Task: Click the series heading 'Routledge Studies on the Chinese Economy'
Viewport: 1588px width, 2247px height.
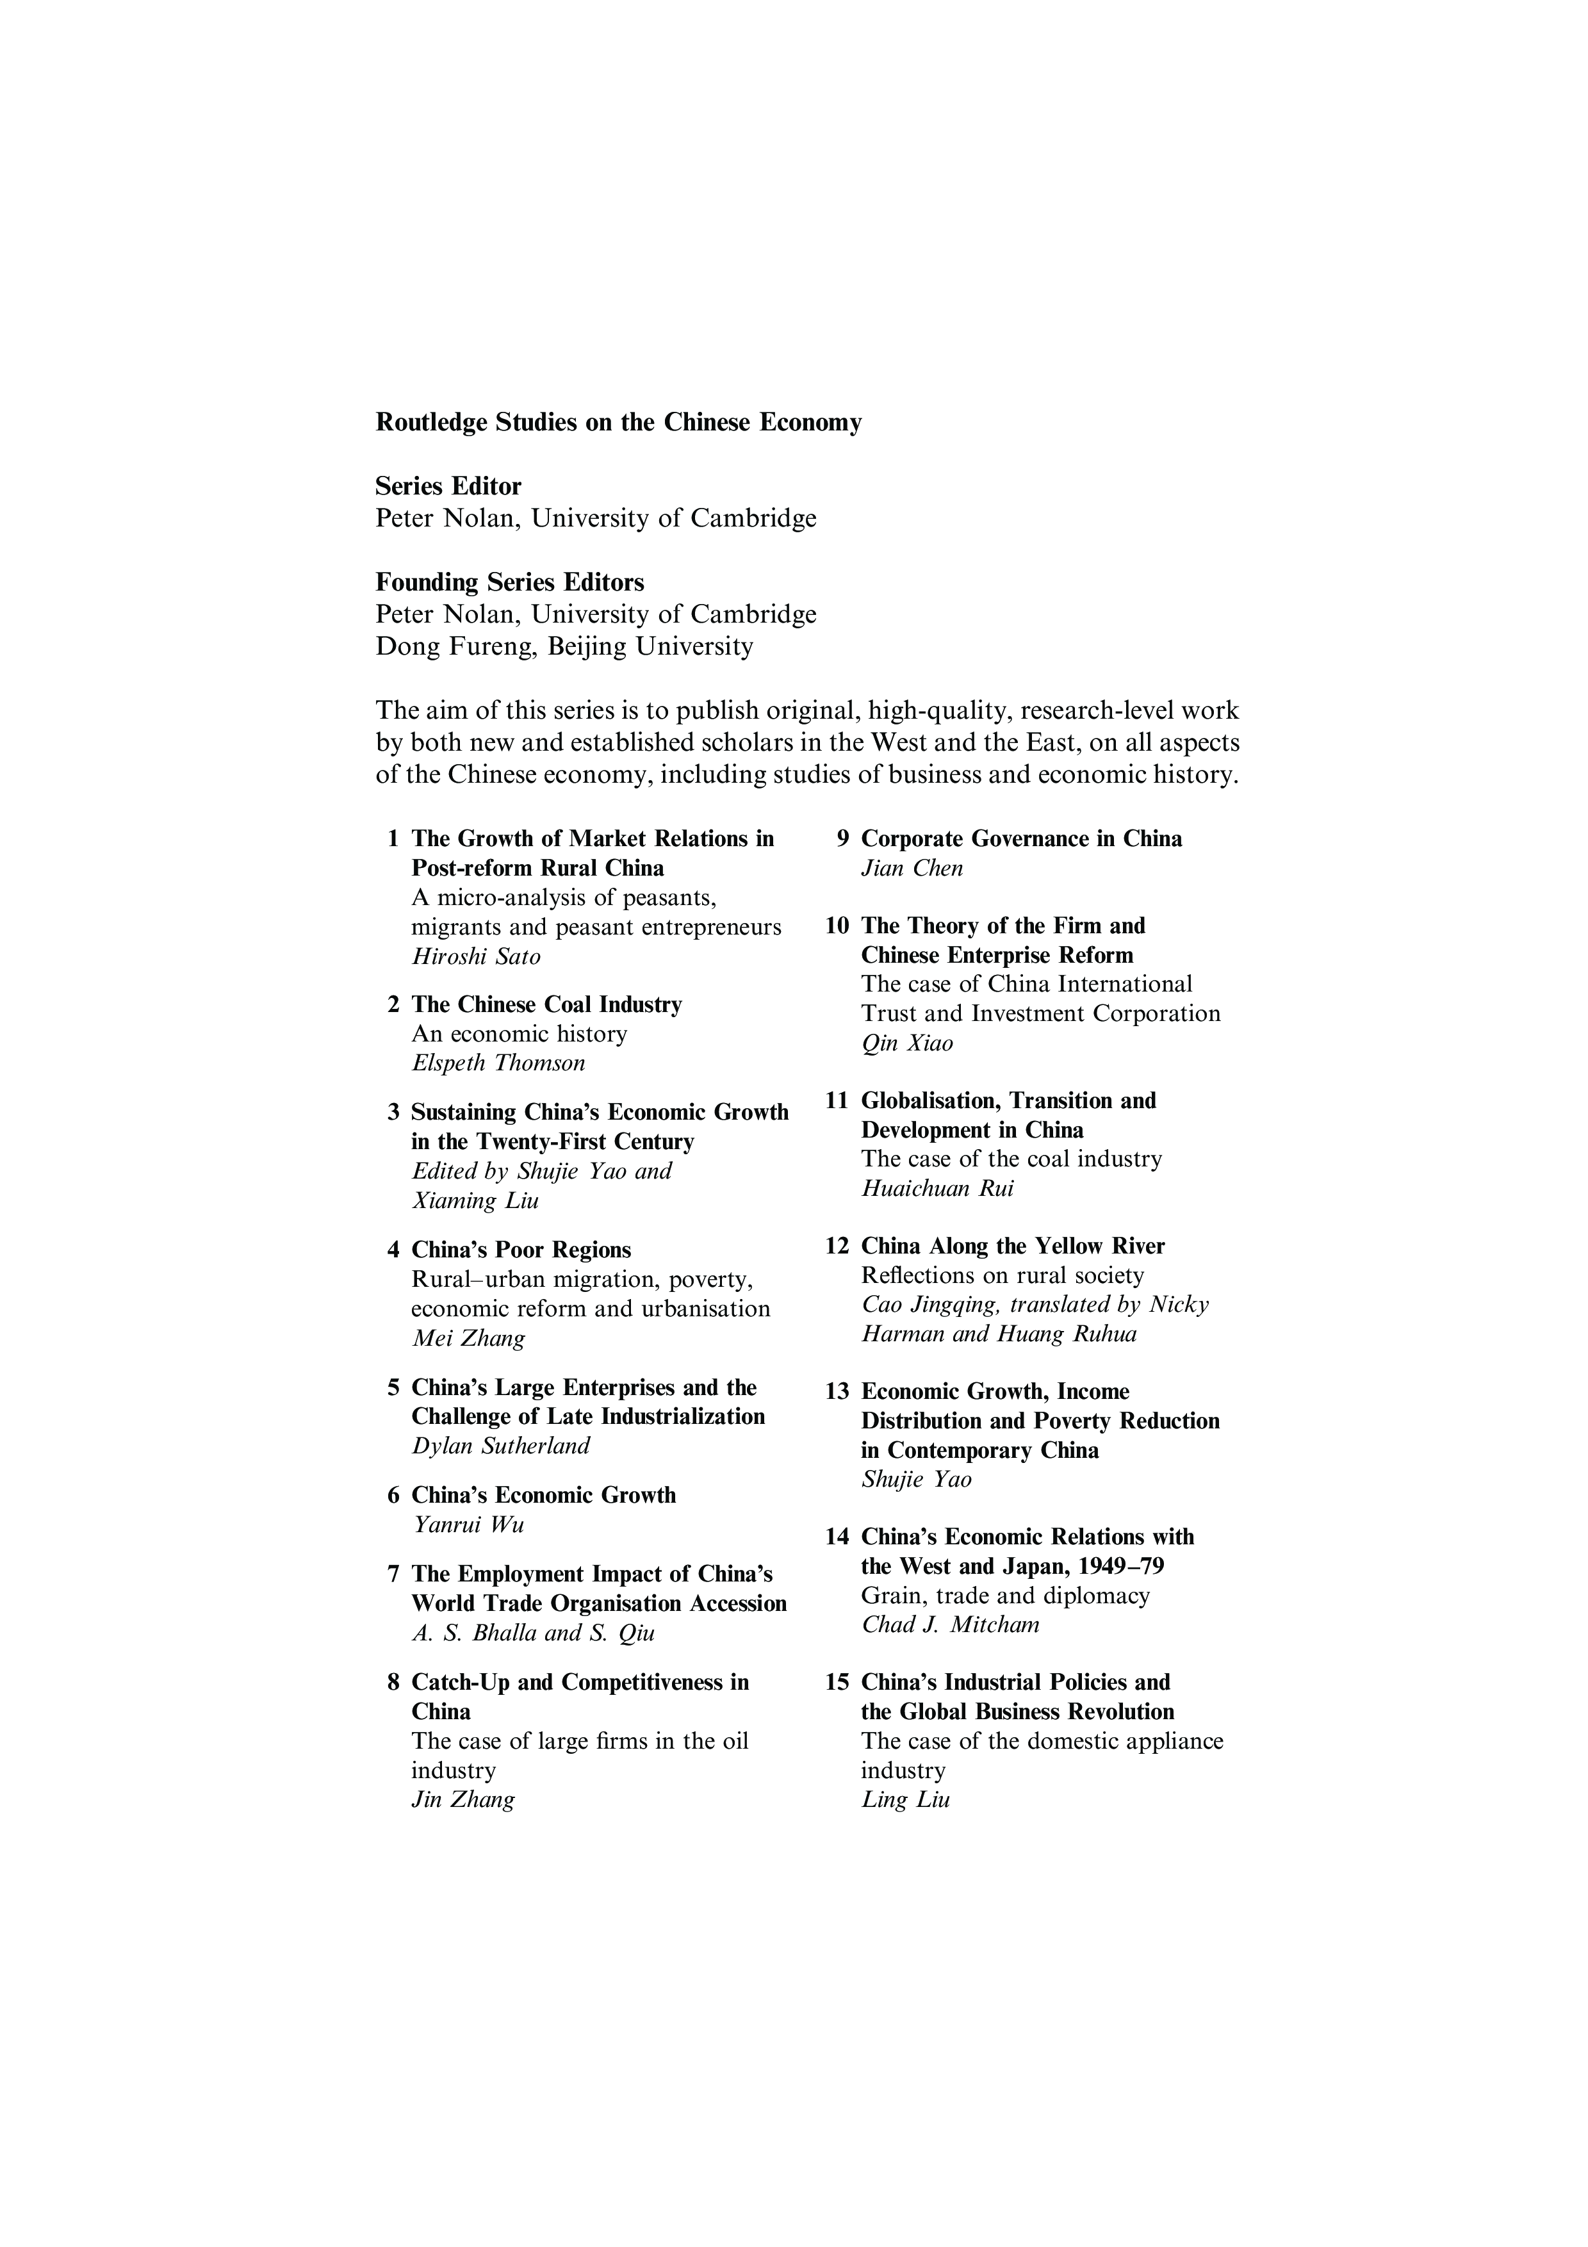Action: point(618,423)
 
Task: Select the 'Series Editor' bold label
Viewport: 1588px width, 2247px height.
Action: point(448,486)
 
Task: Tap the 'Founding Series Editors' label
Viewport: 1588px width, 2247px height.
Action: point(510,582)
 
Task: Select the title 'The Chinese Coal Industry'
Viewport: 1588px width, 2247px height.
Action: point(546,1005)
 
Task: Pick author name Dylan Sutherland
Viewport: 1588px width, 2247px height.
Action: point(500,1446)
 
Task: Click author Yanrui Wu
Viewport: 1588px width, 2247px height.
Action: point(468,1524)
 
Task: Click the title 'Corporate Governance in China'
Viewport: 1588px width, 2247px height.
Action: point(1020,838)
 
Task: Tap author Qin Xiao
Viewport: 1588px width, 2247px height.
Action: point(906,1043)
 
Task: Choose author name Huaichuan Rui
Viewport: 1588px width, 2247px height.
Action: point(937,1189)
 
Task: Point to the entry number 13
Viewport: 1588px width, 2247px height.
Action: point(837,1393)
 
